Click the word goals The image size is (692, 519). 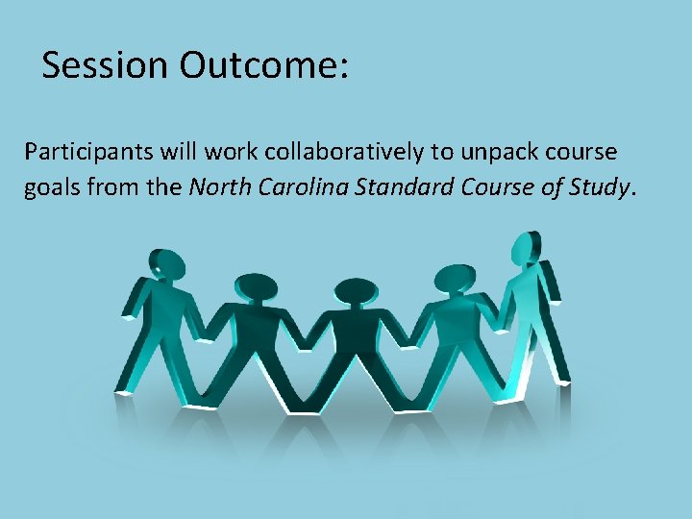(x=53, y=186)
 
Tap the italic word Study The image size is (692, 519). (x=597, y=186)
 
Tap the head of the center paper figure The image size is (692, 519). (x=355, y=292)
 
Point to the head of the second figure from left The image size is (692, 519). (x=257, y=286)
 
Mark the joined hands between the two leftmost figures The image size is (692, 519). (x=205, y=335)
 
